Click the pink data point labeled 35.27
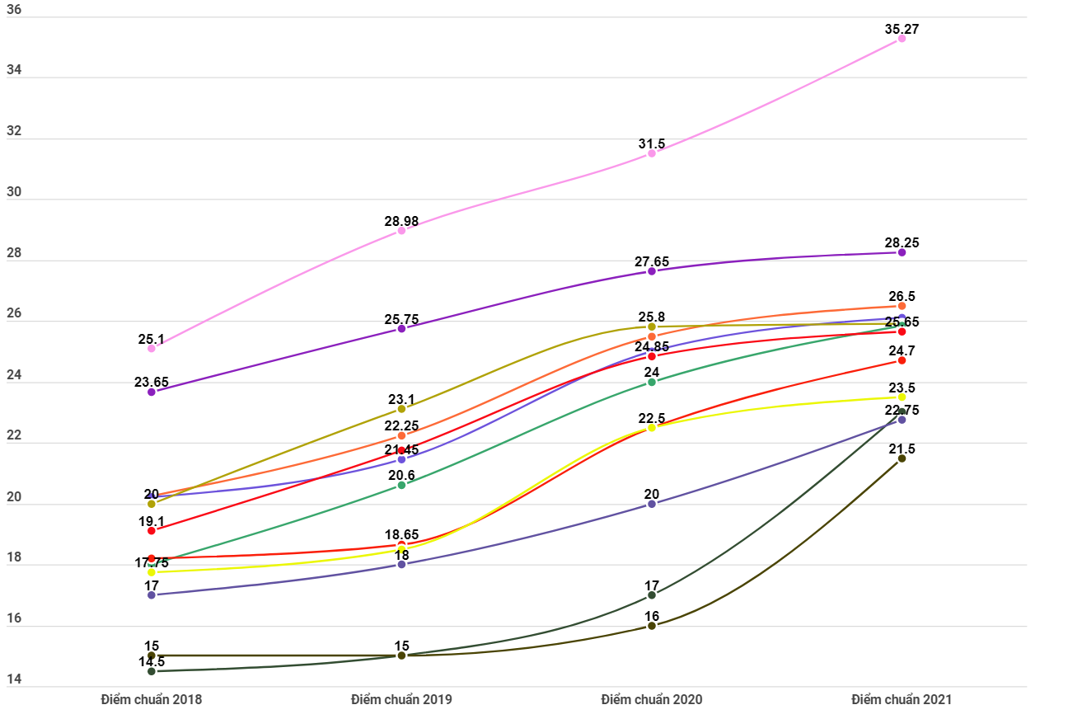902,39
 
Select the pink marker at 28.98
401,231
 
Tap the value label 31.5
651,143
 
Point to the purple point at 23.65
152,392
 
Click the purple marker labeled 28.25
902,252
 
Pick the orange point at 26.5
902,306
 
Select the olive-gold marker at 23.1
401,409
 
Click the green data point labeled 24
652,382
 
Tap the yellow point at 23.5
902,397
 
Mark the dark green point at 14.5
152,671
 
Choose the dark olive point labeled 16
652,626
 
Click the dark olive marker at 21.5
902,458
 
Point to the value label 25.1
152,339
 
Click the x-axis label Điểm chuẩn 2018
152,699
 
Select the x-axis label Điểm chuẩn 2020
652,699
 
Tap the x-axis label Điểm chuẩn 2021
902,699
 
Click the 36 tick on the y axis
14,11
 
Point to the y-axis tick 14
14,680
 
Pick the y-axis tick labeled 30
14,194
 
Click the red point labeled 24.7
902,360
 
